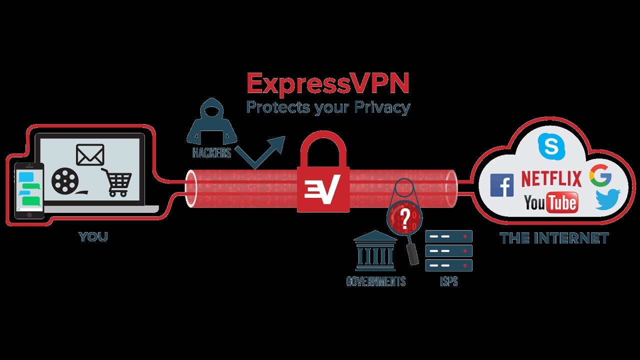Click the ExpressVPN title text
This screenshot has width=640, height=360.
(328, 83)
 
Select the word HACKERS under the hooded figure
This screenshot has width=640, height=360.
(212, 153)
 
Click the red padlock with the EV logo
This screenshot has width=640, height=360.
(323, 177)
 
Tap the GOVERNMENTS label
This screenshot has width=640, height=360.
(375, 281)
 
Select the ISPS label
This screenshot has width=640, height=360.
(448, 281)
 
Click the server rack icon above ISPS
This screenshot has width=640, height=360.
(448, 250)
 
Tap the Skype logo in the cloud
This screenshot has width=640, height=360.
(550, 146)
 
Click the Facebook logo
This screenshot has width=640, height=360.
(501, 185)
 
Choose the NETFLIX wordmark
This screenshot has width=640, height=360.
(551, 178)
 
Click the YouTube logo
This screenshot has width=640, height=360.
(550, 202)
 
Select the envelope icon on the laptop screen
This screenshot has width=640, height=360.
(90, 154)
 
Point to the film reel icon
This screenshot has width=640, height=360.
(64, 181)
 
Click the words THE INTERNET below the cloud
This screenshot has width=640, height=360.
(554, 238)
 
